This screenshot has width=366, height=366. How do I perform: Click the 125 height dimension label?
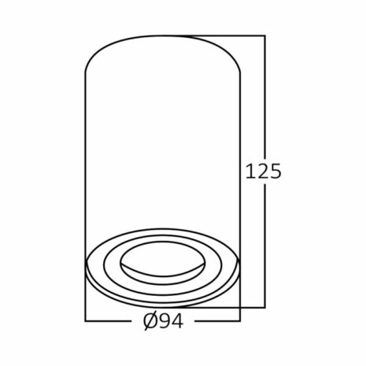[264, 170]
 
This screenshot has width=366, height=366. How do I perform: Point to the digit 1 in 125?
[250, 170]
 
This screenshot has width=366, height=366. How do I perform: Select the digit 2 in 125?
[262, 170]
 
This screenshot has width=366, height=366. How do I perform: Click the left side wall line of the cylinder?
[86, 157]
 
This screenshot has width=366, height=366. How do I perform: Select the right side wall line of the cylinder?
[238, 157]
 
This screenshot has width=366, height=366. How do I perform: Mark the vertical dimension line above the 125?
[264, 94]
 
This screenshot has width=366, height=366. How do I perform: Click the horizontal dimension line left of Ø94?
[110, 320]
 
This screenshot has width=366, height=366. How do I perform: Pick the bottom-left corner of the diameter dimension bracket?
[86, 320]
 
